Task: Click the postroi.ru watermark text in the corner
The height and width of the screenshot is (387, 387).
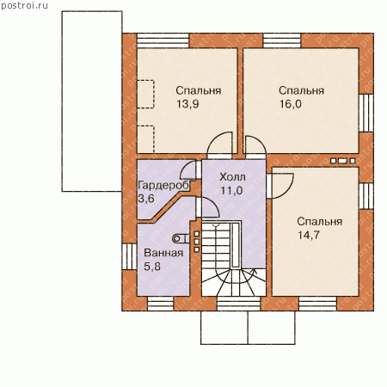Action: pos(24,6)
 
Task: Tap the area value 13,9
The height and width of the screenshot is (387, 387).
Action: pos(187,104)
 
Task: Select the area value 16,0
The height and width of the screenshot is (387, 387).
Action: pos(291,104)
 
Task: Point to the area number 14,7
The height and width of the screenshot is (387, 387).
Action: pos(309,235)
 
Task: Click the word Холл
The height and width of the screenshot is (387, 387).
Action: pos(232,177)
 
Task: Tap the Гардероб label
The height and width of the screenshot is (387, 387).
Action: pos(163,186)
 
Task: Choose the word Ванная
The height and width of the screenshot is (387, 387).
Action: pos(163,253)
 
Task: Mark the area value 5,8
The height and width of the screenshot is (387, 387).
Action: pos(152,267)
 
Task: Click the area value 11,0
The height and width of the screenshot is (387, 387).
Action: pos(231,190)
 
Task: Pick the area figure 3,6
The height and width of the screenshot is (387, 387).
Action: pos(146,199)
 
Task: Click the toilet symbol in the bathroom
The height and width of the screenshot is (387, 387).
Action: pos(181,238)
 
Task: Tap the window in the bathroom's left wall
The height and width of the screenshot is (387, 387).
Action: pos(129,256)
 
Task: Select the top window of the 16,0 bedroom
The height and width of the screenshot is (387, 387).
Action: pos(282,40)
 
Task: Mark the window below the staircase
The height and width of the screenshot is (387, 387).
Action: pos(238,304)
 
